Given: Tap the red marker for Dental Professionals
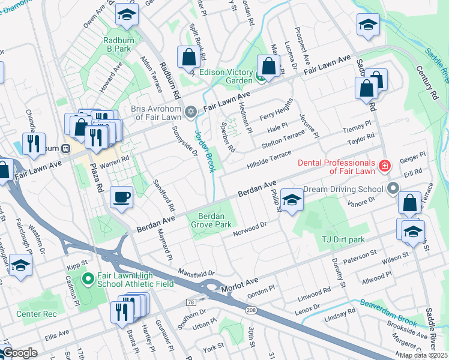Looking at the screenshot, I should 384,165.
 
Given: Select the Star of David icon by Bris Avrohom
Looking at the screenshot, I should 191,112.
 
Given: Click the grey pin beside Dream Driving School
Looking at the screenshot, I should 393,188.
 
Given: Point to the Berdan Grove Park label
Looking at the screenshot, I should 211,220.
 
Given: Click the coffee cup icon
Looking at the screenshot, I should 122,197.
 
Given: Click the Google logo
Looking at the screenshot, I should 20,353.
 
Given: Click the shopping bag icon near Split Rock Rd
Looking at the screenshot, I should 189,57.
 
